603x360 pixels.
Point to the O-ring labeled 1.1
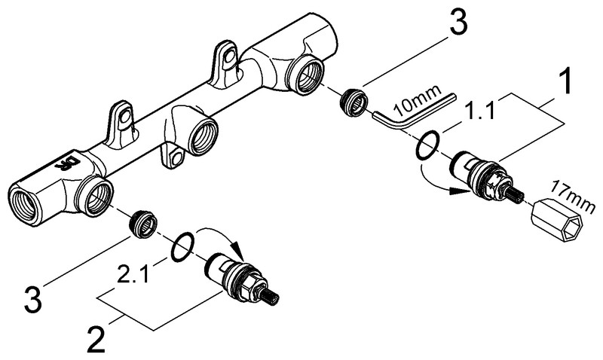tap(427, 145)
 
